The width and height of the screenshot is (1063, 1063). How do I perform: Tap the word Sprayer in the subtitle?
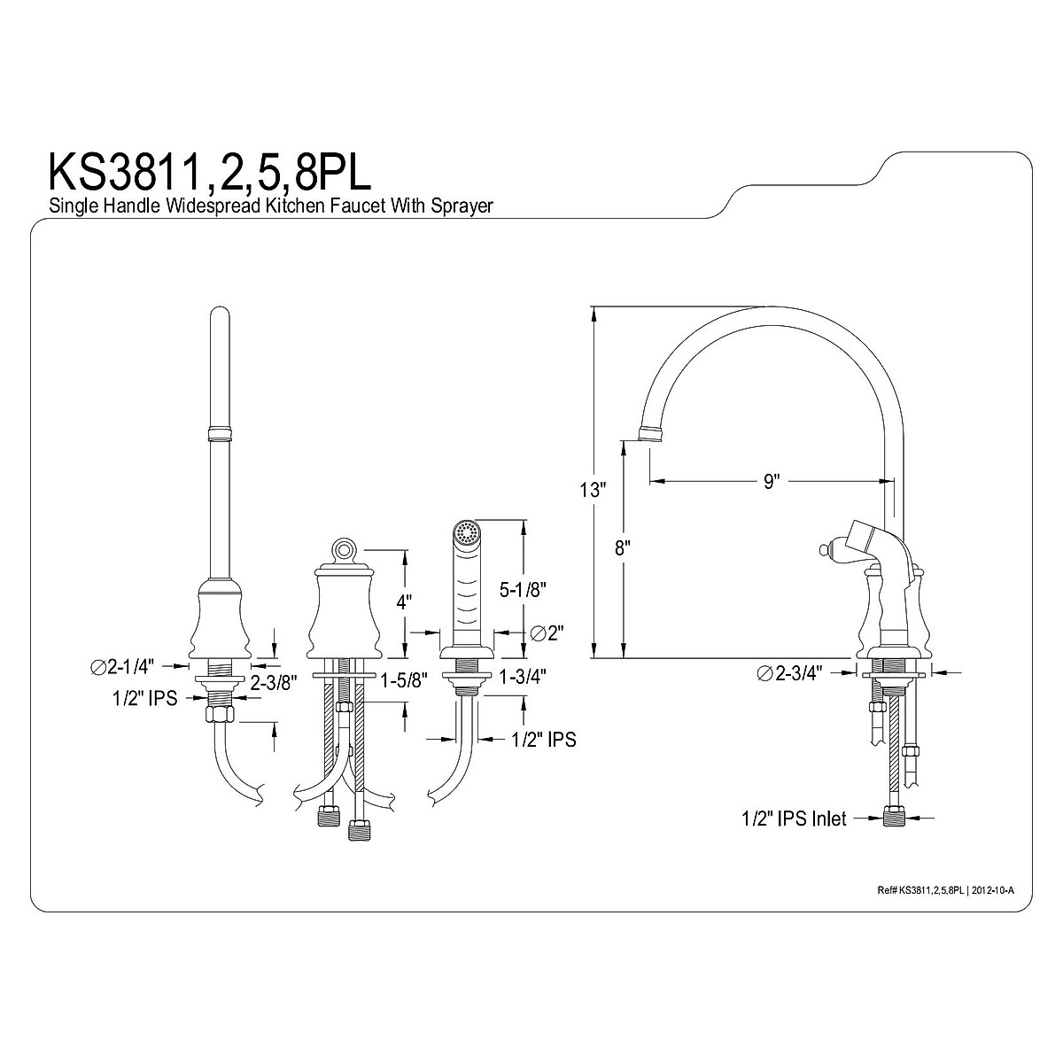pyautogui.click(x=462, y=206)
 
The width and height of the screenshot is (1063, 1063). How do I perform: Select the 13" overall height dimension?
pyautogui.click(x=593, y=489)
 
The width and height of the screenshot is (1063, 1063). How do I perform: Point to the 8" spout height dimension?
pyautogui.click(x=622, y=547)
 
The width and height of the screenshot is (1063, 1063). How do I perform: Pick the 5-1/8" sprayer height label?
pyautogui.click(x=523, y=590)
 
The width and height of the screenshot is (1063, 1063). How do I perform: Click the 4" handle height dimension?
pyautogui.click(x=404, y=601)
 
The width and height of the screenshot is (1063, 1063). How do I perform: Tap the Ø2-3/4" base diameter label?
pyautogui.click(x=790, y=673)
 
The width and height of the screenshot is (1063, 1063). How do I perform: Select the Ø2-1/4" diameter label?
pyautogui.click(x=122, y=667)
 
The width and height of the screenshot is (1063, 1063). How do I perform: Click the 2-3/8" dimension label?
pyautogui.click(x=274, y=683)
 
